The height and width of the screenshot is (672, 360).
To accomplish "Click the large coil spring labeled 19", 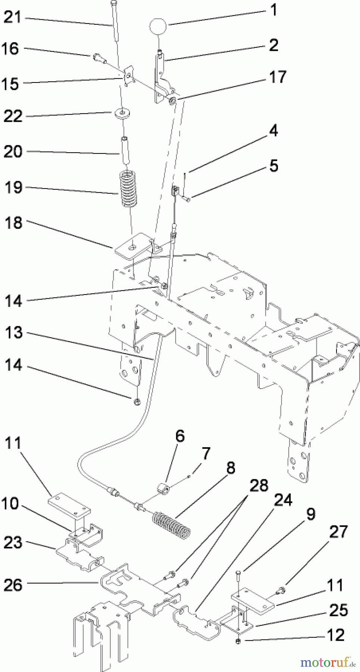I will (128, 187).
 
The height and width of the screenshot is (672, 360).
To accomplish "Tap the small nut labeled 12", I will (237, 641).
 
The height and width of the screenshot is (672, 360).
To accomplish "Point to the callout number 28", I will (259, 486).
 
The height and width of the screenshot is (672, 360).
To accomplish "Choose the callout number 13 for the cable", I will (13, 332).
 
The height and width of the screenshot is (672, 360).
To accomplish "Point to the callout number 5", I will (274, 165).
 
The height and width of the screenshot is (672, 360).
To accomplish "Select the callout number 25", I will (338, 611).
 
